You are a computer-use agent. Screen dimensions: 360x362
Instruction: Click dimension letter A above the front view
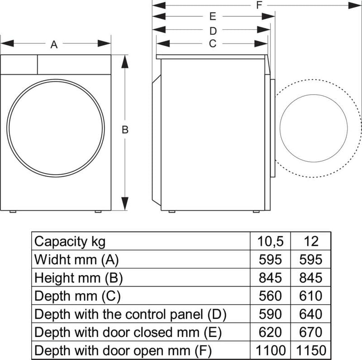tap(54, 44)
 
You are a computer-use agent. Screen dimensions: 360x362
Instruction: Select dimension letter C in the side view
tap(212, 43)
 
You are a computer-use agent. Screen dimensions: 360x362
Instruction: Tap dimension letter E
tap(213, 17)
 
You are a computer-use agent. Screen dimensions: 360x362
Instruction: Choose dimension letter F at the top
tap(259, 5)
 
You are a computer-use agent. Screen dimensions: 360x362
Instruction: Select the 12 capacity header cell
tap(311, 241)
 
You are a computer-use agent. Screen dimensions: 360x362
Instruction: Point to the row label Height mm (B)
tap(78, 278)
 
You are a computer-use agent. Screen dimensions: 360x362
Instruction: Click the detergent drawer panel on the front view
tap(19, 65)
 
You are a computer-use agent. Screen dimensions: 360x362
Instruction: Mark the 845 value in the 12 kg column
tap(311, 278)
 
